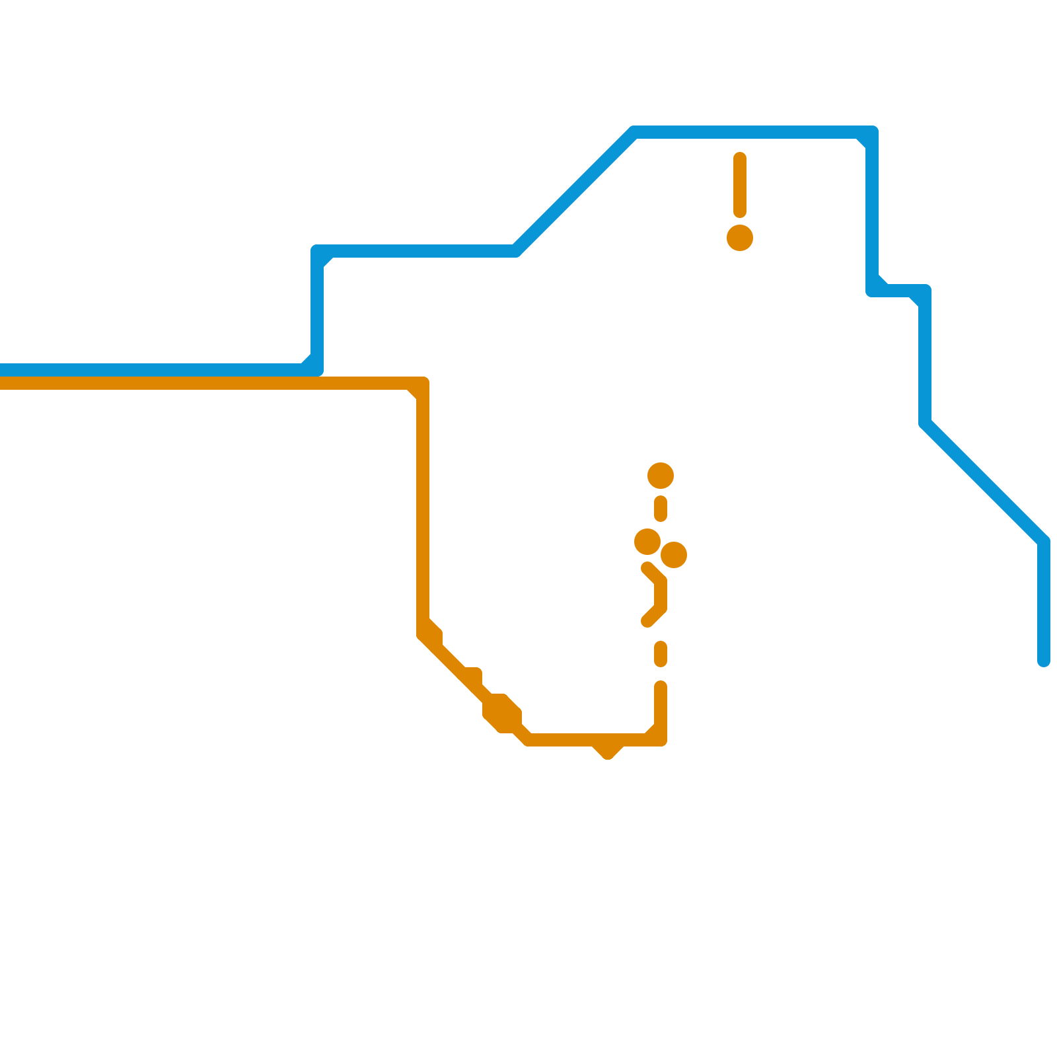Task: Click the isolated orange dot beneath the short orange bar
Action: click(x=740, y=238)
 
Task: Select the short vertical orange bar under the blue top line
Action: click(x=740, y=185)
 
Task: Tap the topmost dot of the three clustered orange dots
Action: click(x=661, y=476)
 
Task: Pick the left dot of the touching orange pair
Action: click(x=647, y=542)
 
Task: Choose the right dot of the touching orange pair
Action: click(x=674, y=555)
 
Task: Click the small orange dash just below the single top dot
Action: click(x=661, y=509)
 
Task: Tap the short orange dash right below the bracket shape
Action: click(x=661, y=654)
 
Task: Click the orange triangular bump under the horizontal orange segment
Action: click(x=608, y=750)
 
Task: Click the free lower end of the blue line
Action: click(x=1044, y=661)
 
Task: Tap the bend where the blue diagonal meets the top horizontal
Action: click(x=634, y=132)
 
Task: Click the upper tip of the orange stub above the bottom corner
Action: click(x=661, y=687)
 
